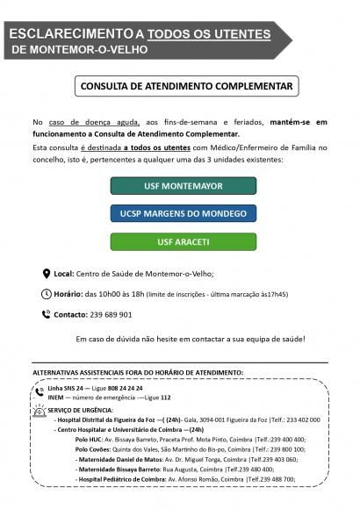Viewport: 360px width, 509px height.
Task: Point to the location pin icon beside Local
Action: coord(47,273)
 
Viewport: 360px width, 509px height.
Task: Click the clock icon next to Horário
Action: coord(47,294)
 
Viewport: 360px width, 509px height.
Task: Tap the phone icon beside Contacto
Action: coord(47,314)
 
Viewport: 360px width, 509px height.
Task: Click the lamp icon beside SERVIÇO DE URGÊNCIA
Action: coord(40,408)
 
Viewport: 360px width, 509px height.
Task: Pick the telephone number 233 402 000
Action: coord(297,419)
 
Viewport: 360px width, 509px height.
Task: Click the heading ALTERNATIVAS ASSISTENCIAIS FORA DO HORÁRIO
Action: coord(137,373)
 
